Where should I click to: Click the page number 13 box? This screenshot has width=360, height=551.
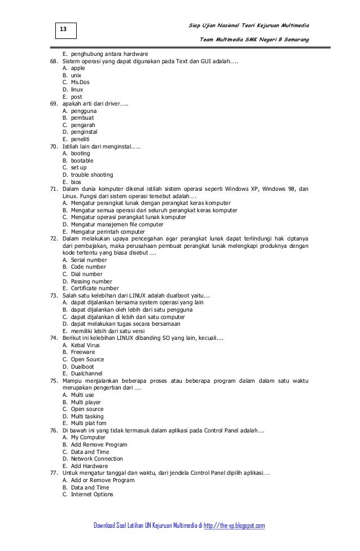(63, 29)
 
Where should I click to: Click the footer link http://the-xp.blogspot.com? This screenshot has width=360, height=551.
(228, 526)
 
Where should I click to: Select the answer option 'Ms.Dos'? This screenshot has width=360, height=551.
(80, 82)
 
